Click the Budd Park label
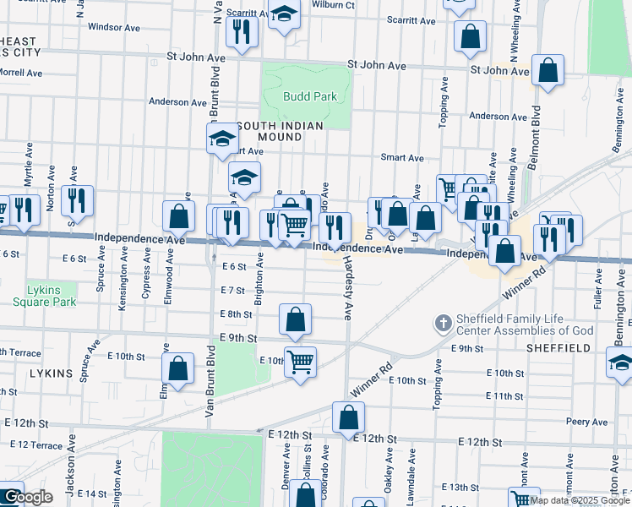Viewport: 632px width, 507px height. pyautogui.click(x=310, y=96)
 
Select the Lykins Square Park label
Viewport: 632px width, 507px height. pyautogui.click(x=51, y=295)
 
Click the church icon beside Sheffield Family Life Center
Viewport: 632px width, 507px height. pyautogui.click(x=443, y=323)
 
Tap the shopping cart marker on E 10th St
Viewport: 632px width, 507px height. pyautogui.click(x=300, y=362)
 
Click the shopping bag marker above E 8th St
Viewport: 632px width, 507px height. pyautogui.click(x=296, y=319)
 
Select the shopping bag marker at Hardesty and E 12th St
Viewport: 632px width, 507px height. pyautogui.click(x=348, y=417)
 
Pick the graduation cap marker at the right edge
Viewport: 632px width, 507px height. pyautogui.click(x=621, y=363)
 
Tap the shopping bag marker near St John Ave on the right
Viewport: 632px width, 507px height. pyautogui.click(x=548, y=72)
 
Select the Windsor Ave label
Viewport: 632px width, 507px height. pyautogui.click(x=113, y=27)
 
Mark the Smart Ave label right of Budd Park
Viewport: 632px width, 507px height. pyautogui.click(x=402, y=158)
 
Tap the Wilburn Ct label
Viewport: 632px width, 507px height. pyautogui.click(x=331, y=5)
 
